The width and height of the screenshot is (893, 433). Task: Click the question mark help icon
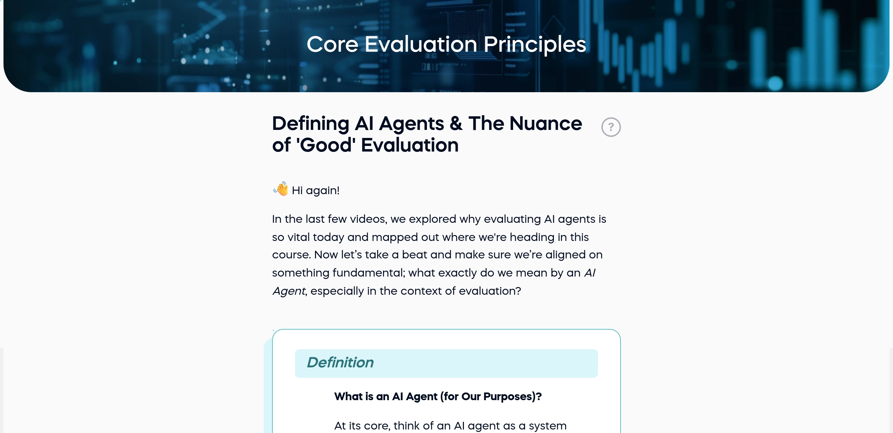tap(611, 127)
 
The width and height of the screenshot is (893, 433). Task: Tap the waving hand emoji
tap(281, 189)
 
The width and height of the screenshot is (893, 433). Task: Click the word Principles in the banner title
tap(534, 44)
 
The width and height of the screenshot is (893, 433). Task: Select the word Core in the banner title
tap(332, 44)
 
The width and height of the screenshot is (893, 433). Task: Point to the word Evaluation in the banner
tap(421, 44)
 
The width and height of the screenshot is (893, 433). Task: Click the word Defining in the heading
tap(310, 124)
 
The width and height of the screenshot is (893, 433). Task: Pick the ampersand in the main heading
tap(456, 124)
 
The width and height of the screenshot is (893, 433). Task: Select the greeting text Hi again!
tap(315, 191)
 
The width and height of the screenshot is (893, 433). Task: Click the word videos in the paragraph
tap(368, 219)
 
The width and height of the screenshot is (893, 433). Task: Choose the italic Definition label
tap(340, 363)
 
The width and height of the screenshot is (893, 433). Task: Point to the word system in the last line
tap(547, 426)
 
